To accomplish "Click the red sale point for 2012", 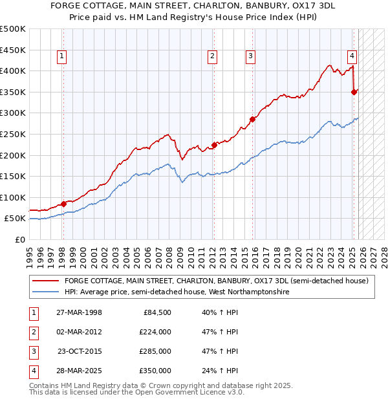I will [214, 145].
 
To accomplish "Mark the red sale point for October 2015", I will [253, 119].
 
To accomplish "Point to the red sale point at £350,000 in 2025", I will [354, 92].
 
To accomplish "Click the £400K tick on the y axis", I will [13, 70].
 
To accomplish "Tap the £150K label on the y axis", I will [13, 176].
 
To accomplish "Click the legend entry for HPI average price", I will [176, 292].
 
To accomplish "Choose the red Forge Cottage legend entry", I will [216, 281].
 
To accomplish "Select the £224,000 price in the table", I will [155, 332].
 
